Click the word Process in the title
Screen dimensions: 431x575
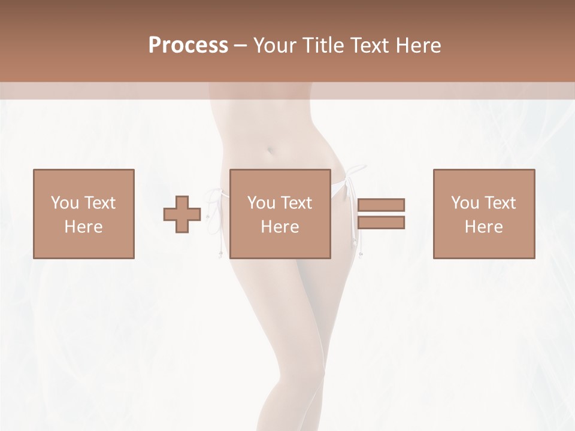click(188, 45)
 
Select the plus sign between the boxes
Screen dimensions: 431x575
click(182, 214)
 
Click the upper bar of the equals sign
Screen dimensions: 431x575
click(382, 205)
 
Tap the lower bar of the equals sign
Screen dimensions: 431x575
click(382, 223)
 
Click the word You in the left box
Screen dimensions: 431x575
click(65, 203)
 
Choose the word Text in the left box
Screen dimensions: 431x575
click(99, 203)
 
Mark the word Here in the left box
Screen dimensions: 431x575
click(83, 227)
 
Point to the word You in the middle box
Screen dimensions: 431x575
click(261, 203)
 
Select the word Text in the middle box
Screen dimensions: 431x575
click(296, 203)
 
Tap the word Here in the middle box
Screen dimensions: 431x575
click(280, 227)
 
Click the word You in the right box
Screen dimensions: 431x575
click(465, 203)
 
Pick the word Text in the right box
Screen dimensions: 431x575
click(500, 203)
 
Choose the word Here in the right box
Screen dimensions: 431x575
click(483, 227)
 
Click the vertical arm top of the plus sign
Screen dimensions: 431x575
click(182, 201)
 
